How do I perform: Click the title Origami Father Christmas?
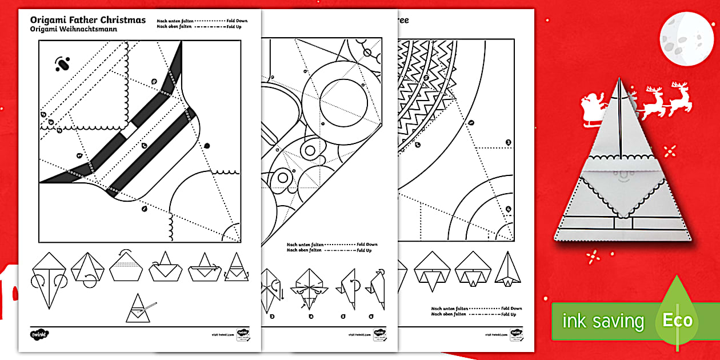(x=87, y=20)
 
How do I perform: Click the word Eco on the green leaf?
(x=678, y=321)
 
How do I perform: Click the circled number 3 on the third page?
(x=508, y=142)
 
